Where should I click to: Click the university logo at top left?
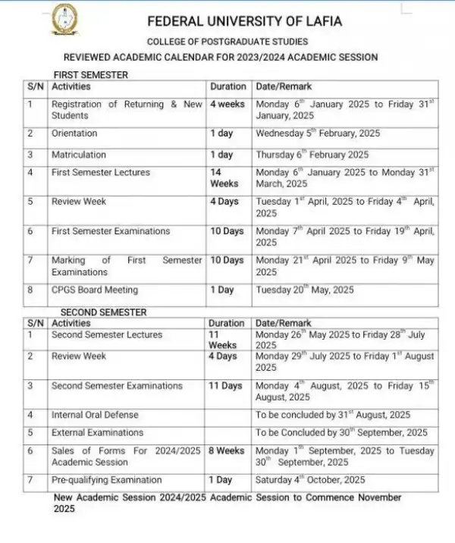click(64, 20)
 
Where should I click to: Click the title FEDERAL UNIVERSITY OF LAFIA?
click(243, 22)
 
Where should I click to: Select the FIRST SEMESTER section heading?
click(90, 75)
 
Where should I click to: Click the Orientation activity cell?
click(74, 133)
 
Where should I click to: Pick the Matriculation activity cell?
click(79, 155)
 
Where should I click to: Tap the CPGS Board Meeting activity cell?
click(95, 290)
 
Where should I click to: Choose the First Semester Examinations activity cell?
click(111, 231)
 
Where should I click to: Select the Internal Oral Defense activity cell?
click(95, 415)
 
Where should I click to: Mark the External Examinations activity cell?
click(97, 432)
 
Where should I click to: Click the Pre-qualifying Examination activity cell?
click(106, 479)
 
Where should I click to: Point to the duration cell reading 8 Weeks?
click(226, 450)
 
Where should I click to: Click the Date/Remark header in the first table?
click(284, 86)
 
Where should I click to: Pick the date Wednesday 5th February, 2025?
click(318, 133)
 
